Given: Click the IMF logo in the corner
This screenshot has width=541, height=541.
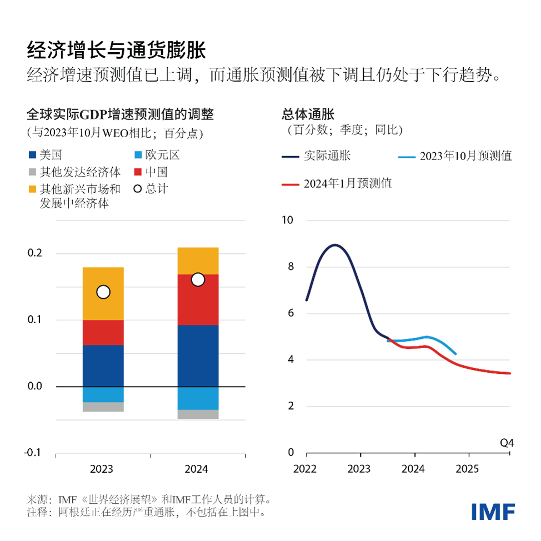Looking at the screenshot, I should (x=493, y=512).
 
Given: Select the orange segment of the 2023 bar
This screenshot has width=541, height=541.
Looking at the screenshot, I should (x=103, y=293).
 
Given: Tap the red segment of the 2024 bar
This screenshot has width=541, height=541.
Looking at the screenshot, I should (x=197, y=300).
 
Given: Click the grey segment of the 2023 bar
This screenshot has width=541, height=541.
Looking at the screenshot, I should (x=103, y=407).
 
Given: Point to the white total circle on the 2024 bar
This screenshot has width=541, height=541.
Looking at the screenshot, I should (x=198, y=280).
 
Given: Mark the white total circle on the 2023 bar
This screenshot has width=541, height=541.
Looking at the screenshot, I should (x=103, y=292).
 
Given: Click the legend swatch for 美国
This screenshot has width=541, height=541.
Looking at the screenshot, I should (x=32, y=156).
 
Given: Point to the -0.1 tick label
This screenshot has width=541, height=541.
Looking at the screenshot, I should (x=33, y=453).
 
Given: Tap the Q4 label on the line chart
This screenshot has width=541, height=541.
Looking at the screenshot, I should (x=507, y=443).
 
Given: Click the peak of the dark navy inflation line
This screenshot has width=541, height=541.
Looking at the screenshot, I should (x=334, y=244).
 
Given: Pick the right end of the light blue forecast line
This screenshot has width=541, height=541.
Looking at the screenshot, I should (x=455, y=353).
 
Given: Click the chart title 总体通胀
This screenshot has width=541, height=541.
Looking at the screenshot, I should (x=308, y=114).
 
